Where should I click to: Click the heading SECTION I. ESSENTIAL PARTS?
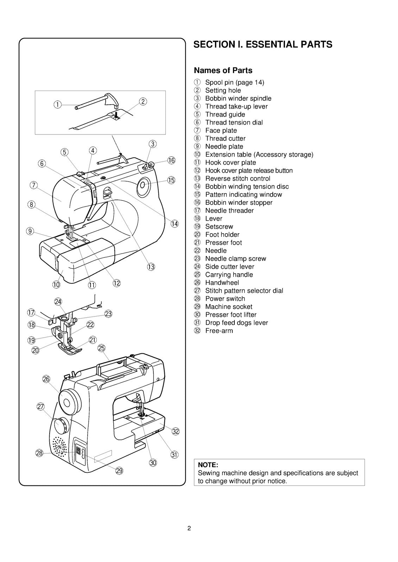point(263,45)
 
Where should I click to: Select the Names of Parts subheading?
point(223,71)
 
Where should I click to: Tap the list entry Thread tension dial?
point(234,123)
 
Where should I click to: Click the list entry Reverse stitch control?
point(238,178)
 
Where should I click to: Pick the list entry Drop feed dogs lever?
point(236,323)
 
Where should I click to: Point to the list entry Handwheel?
point(222,283)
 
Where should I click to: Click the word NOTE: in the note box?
point(208,465)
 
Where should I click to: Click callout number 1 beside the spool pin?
point(57,104)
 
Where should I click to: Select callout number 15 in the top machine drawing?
point(171,180)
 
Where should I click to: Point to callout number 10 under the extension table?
point(57,285)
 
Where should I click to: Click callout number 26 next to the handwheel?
point(46,379)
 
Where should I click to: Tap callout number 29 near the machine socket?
point(119,471)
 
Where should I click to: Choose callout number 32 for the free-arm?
point(176,432)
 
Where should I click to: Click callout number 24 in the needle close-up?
point(58,302)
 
